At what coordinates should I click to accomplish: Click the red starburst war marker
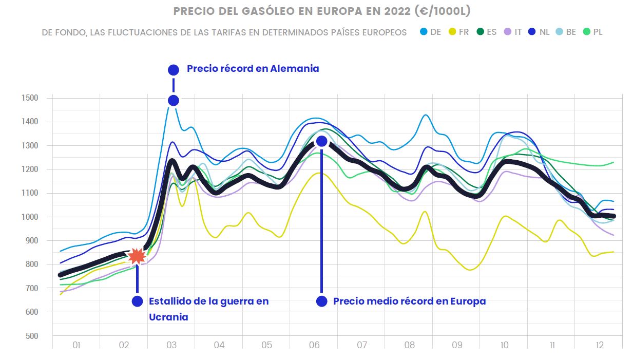point(137,256)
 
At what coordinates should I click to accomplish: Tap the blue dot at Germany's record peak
point(174,100)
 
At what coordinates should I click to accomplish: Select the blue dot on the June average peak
point(322,141)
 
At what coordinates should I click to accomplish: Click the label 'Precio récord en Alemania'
point(253,69)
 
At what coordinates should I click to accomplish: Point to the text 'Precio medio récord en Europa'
point(409,301)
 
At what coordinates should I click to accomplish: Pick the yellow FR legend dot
point(451,32)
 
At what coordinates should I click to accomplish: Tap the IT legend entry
point(513,32)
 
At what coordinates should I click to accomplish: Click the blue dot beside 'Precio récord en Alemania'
point(174,69)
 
